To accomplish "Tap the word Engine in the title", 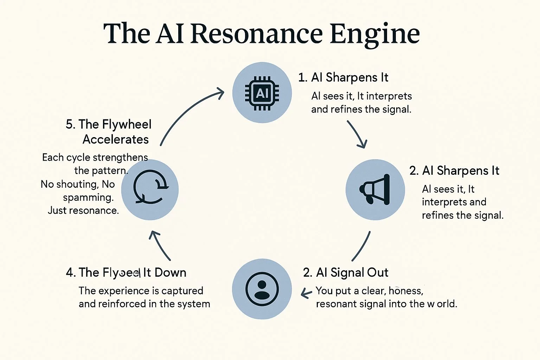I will click(x=375, y=34).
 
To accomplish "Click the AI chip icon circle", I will click(x=262, y=93).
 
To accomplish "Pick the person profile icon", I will click(x=262, y=289).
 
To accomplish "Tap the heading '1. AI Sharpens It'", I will click(x=343, y=77).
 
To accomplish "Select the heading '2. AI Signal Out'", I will click(x=346, y=272).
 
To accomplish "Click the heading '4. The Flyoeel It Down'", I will click(x=126, y=272).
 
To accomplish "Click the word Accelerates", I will click(x=116, y=140).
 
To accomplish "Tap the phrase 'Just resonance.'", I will click(x=83, y=211).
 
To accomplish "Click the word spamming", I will click(x=88, y=198).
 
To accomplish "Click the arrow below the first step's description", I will click(x=357, y=134).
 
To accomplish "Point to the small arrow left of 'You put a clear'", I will click(x=307, y=293).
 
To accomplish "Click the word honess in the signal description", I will click(x=406, y=291).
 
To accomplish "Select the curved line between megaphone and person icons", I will click(x=361, y=246).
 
